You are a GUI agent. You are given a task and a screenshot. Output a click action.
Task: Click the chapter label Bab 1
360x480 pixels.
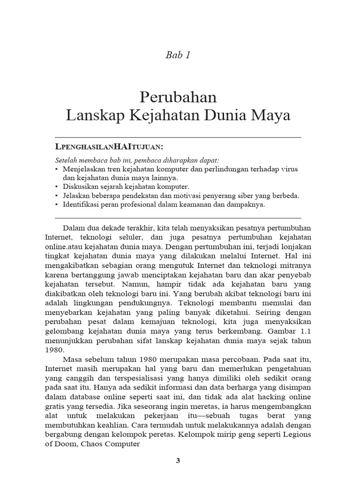(178, 55)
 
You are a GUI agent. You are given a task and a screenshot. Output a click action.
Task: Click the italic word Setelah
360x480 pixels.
(66, 160)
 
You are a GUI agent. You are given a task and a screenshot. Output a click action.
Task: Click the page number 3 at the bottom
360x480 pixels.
(178, 460)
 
